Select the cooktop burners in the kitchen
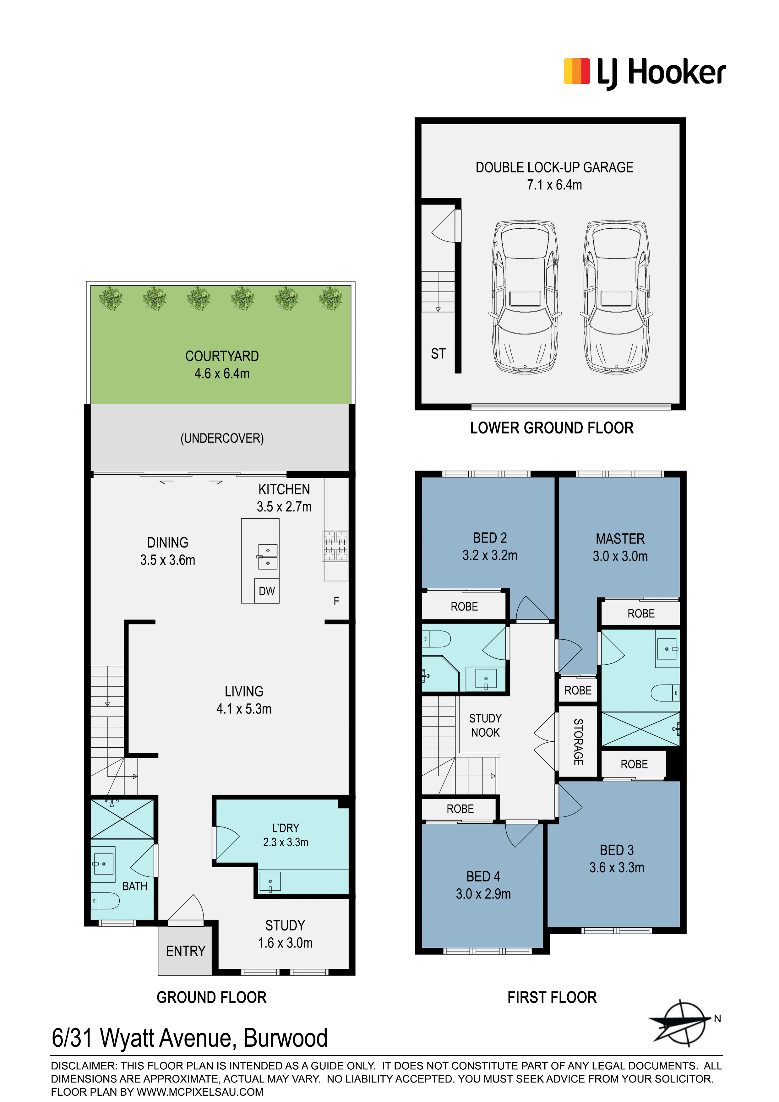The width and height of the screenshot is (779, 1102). pos(335,546)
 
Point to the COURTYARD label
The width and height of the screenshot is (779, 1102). pos(222,356)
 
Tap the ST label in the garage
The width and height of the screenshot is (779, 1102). pos(438,354)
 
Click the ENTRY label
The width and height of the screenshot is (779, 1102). pos(186,951)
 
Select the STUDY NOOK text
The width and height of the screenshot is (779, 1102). pos(485,725)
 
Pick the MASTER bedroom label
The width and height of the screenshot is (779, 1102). pos(620,538)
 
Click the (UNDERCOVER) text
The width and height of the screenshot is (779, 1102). pos(222,438)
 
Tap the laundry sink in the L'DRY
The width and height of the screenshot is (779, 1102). pos(270,881)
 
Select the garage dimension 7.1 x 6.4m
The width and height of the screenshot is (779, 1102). pos(554,185)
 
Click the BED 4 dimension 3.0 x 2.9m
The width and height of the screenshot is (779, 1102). pos(483,894)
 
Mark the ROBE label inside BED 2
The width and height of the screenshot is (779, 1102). pos(464,607)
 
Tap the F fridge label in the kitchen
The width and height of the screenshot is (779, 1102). pos(336,601)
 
